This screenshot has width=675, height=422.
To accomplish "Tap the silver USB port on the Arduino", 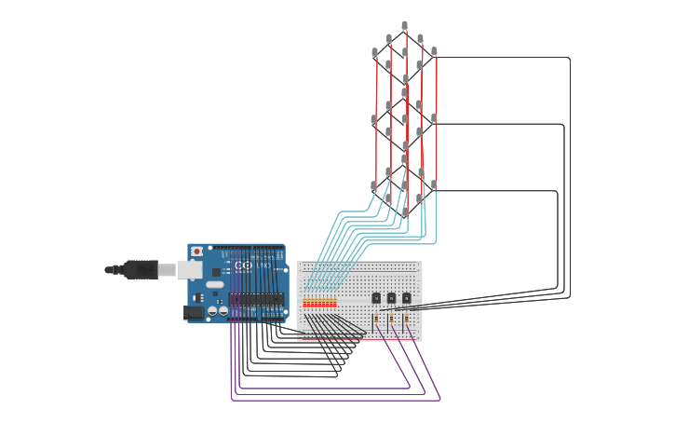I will (x=189, y=269).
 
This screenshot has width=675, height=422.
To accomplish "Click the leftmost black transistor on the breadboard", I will (x=376, y=298).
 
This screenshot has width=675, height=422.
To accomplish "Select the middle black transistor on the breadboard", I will (x=391, y=298).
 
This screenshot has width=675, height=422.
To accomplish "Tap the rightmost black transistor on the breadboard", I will (x=406, y=298).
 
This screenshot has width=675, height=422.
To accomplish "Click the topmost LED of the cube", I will (x=404, y=25).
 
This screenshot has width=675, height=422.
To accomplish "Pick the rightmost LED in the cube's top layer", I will (x=434, y=51).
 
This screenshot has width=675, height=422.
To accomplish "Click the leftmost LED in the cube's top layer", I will (x=374, y=52).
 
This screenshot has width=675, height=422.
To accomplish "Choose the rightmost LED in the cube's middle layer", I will (x=434, y=117).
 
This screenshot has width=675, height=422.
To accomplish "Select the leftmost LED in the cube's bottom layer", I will (x=374, y=184).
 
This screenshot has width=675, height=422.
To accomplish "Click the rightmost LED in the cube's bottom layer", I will (x=434, y=184).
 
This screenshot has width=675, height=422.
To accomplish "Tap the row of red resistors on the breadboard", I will (x=319, y=304).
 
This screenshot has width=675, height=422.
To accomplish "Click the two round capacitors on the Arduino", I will (x=217, y=311).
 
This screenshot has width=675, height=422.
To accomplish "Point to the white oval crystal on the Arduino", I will (x=215, y=284).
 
